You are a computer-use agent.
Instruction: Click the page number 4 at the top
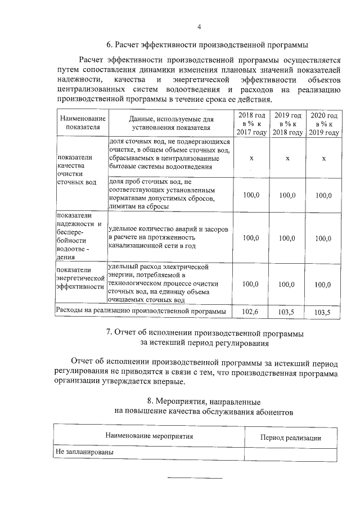pyautogui.click(x=199, y=27)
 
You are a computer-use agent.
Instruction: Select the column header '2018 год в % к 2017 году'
pyautogui.click(x=251, y=123)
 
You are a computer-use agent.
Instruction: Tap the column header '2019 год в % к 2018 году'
pyautogui.click(x=287, y=123)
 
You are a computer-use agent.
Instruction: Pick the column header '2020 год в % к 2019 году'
pyautogui.click(x=324, y=123)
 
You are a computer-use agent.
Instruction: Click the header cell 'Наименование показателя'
pyautogui.click(x=81, y=123)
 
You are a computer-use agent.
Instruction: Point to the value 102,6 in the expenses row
pyautogui.click(x=251, y=311)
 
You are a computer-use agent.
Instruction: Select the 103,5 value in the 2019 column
pyautogui.click(x=287, y=311)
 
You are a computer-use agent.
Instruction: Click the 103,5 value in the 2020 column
pyautogui.click(x=324, y=311)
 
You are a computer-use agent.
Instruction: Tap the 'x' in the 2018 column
pyautogui.click(x=251, y=159)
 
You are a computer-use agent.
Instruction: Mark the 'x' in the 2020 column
pyautogui.click(x=324, y=159)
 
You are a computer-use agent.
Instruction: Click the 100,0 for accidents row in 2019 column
pyautogui.click(x=287, y=238)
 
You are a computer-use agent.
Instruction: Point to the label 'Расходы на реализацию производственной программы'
pyautogui.click(x=140, y=310)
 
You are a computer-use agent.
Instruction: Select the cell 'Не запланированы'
pyautogui.click(x=84, y=452)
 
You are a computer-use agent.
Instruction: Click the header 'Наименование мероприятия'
pyautogui.click(x=149, y=436)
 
